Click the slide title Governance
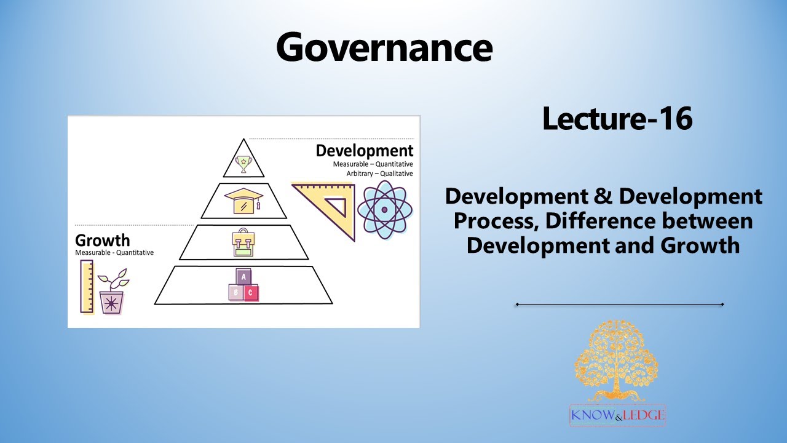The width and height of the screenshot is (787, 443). pyautogui.click(x=384, y=47)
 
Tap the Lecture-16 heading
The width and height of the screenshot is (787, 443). pyautogui.click(x=617, y=119)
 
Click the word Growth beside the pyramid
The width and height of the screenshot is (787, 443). pyautogui.click(x=103, y=240)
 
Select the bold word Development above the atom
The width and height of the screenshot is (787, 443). pyautogui.click(x=365, y=151)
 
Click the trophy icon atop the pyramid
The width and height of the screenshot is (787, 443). pyautogui.click(x=244, y=163)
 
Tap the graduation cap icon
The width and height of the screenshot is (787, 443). pyautogui.click(x=243, y=201)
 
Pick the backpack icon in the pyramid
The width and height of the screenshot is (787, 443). pyautogui.click(x=243, y=242)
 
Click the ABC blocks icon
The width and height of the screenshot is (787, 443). pyautogui.click(x=243, y=285)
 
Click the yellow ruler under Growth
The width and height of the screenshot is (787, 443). pyautogui.click(x=87, y=286)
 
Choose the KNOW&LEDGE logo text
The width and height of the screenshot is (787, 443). pyautogui.click(x=617, y=415)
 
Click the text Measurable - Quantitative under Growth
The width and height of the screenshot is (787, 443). pyautogui.click(x=114, y=253)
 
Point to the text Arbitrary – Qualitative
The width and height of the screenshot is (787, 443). pyautogui.click(x=379, y=174)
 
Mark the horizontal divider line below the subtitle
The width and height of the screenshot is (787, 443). pyautogui.click(x=620, y=304)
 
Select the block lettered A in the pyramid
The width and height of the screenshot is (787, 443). pyautogui.click(x=243, y=277)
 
